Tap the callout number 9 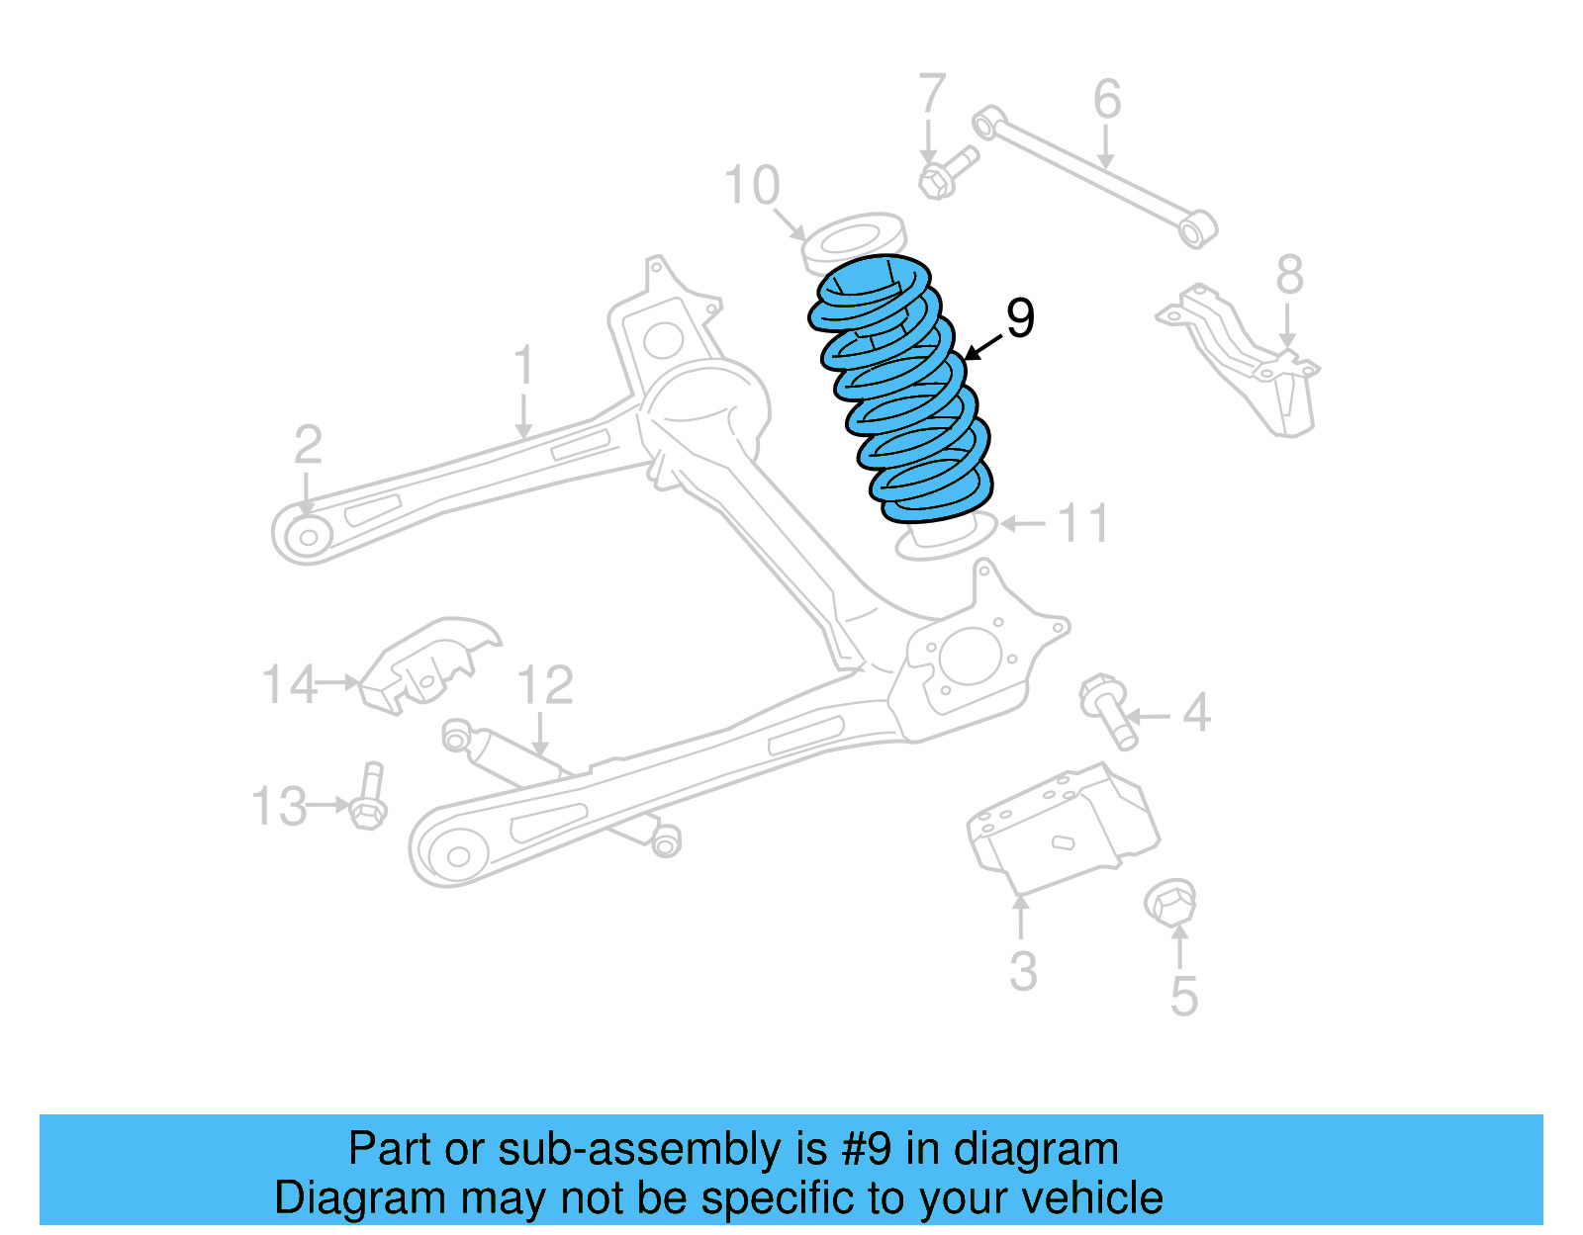point(1020,317)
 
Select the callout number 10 point(752,185)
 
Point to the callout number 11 point(1083,523)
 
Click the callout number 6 point(1107,99)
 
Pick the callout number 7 point(932,94)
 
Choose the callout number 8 point(1289,275)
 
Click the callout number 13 point(279,807)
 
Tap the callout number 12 point(545,685)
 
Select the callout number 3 point(1023,971)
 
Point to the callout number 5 point(1183,996)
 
